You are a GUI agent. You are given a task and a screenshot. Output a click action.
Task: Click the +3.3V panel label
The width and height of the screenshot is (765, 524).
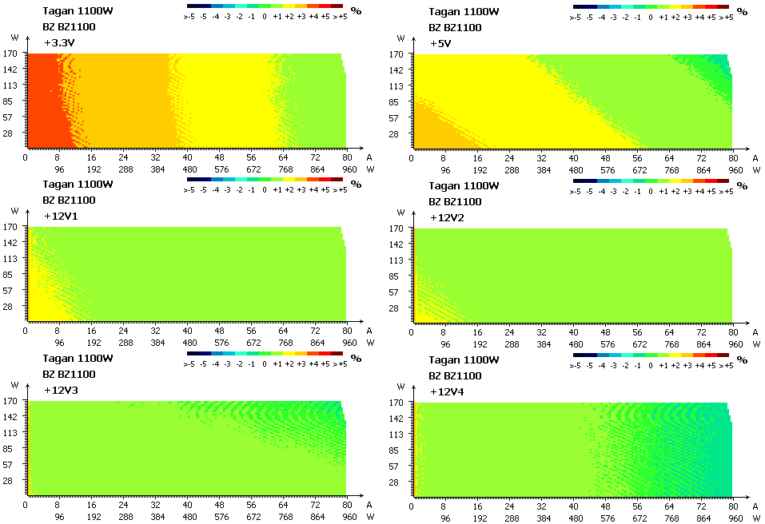point(59,43)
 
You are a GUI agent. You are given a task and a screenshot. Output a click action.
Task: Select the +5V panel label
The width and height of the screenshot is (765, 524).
point(440,43)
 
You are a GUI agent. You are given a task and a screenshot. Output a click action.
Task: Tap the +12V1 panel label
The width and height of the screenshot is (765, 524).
point(61,216)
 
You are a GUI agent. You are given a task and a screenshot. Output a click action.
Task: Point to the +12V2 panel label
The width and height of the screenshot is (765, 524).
point(447,217)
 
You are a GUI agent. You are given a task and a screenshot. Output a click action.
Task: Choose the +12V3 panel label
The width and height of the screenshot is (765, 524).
point(61,390)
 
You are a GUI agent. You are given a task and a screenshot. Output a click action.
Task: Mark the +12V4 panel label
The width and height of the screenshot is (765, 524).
point(447,391)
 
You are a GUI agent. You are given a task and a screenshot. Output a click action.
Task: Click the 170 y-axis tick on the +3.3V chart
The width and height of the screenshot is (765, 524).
point(11,54)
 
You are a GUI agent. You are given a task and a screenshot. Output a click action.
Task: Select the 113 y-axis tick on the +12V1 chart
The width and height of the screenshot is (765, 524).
point(11,258)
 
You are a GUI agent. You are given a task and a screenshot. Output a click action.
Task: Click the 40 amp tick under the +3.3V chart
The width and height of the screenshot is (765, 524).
point(187,157)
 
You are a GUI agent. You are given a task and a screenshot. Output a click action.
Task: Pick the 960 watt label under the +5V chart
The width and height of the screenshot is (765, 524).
point(735,170)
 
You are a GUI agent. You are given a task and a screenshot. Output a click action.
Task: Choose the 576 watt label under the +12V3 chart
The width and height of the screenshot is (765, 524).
point(221,517)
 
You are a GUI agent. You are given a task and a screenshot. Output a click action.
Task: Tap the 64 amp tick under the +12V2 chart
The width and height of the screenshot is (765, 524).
point(669,332)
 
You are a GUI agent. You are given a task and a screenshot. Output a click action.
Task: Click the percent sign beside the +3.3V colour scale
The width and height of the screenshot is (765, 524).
point(357,10)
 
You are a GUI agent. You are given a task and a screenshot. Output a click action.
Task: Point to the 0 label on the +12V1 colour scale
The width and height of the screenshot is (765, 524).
point(264,189)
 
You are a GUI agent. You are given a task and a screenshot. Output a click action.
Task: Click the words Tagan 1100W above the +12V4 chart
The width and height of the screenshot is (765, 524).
point(464,359)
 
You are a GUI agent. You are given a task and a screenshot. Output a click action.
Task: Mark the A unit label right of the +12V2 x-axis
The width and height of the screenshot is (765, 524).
point(755,332)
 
